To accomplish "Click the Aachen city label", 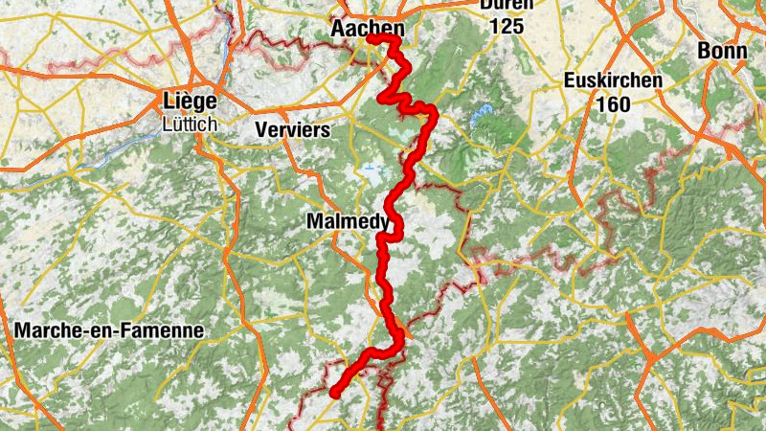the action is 368,30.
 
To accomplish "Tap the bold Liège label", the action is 190,102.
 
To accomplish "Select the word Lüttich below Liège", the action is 190,124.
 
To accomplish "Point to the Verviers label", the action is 293,129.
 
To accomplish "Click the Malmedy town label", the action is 348,221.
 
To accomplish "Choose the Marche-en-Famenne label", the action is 110,330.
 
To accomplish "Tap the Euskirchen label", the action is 613,80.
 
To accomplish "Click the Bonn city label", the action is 723,50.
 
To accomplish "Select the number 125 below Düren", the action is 507,27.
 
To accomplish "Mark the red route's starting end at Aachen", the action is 370,38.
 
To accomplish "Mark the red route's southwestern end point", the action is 335,393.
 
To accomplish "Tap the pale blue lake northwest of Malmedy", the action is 371,171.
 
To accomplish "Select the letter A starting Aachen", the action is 338,30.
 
